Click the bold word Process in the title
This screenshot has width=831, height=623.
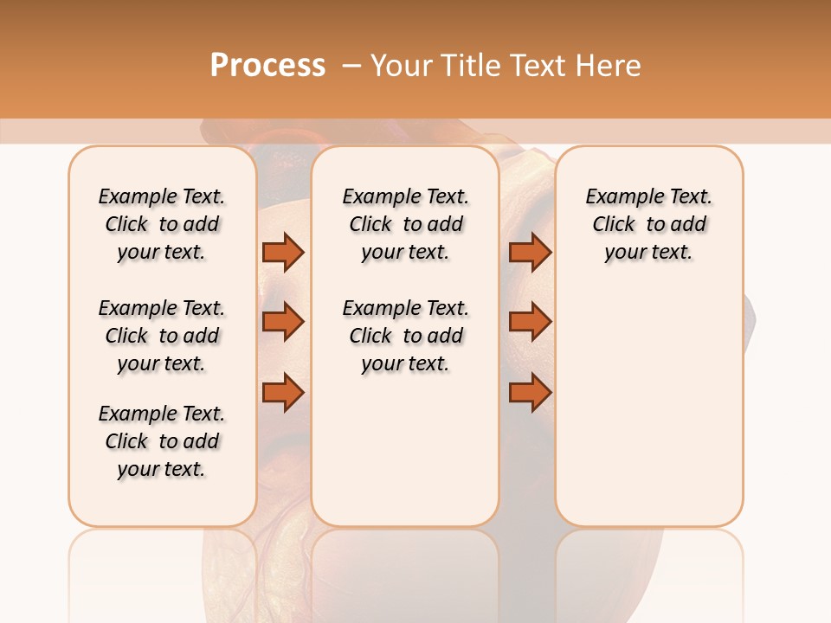pyautogui.click(x=267, y=66)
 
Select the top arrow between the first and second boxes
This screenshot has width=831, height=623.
pyautogui.click(x=283, y=252)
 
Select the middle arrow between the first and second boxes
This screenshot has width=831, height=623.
pyautogui.click(x=283, y=322)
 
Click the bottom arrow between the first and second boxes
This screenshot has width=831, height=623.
pyautogui.click(x=283, y=393)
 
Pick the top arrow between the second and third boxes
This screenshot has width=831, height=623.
pyautogui.click(x=530, y=252)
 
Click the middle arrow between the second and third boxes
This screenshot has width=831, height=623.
pyautogui.click(x=530, y=322)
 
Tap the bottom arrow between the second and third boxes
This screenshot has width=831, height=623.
pyautogui.click(x=530, y=393)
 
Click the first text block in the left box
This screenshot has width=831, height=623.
pyautogui.click(x=162, y=224)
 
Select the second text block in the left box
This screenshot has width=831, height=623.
pyautogui.click(x=162, y=336)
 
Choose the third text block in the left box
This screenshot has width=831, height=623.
pyautogui.click(x=162, y=441)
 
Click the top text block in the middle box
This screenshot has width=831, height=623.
pyautogui.click(x=405, y=224)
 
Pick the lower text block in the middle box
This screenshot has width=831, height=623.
pyautogui.click(x=405, y=336)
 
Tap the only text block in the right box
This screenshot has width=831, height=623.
pyautogui.click(x=649, y=224)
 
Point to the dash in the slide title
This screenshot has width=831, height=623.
pyautogui.click(x=351, y=66)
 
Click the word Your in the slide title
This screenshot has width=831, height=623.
pyautogui.click(x=401, y=66)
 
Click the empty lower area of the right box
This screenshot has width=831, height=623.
pyautogui.click(x=649, y=407)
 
